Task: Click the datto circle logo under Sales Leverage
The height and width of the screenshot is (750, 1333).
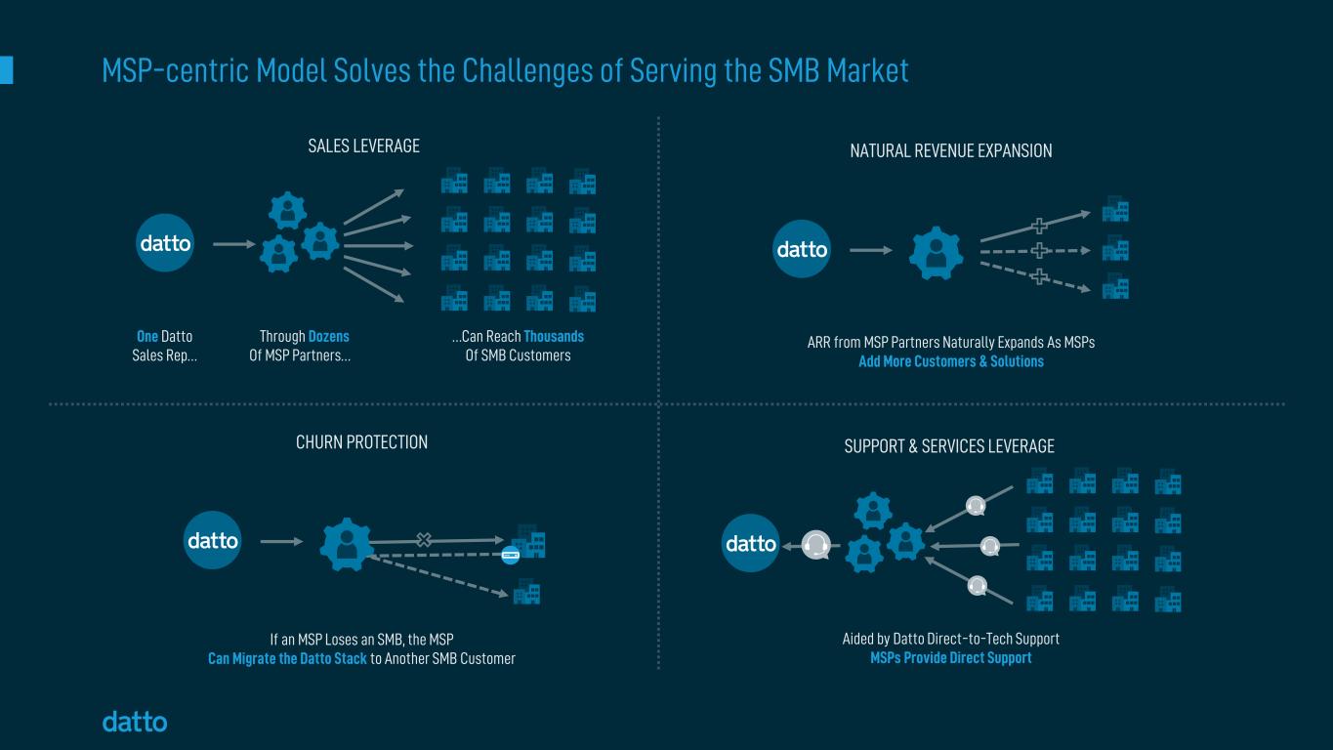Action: pyautogui.click(x=165, y=243)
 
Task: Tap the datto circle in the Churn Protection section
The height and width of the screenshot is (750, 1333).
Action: pyautogui.click(x=213, y=540)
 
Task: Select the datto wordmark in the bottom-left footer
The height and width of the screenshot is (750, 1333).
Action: pyautogui.click(x=135, y=722)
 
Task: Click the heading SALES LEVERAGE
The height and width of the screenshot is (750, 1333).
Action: pyautogui.click(x=363, y=146)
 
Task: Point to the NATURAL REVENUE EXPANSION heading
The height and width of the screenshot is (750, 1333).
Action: pyautogui.click(x=951, y=150)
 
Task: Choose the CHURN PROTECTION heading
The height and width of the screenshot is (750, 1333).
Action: pyautogui.click(x=361, y=442)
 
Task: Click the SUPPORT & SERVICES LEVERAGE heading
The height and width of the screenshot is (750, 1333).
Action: pyautogui.click(x=949, y=446)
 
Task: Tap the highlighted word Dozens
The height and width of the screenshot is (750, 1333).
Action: pyautogui.click(x=328, y=336)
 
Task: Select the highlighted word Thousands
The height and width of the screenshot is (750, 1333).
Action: pyautogui.click(x=554, y=336)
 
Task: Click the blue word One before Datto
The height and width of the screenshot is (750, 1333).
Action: pyautogui.click(x=147, y=336)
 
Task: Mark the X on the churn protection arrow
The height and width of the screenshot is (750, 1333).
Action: pyautogui.click(x=424, y=540)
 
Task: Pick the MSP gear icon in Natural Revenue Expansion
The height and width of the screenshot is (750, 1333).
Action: pyautogui.click(x=936, y=253)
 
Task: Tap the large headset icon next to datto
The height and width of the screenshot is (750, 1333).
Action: pyautogui.click(x=815, y=545)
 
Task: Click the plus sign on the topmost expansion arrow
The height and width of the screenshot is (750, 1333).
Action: pyautogui.click(x=1039, y=226)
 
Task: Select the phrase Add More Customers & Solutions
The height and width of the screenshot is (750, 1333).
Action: pyautogui.click(x=951, y=361)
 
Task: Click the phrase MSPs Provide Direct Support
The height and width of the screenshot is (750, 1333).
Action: pyautogui.click(x=951, y=658)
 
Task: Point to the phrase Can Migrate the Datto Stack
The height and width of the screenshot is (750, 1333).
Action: pyautogui.click(x=287, y=659)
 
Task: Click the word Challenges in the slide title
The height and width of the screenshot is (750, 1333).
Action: pyautogui.click(x=528, y=71)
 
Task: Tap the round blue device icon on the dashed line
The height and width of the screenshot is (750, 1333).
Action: pyautogui.click(x=511, y=556)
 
